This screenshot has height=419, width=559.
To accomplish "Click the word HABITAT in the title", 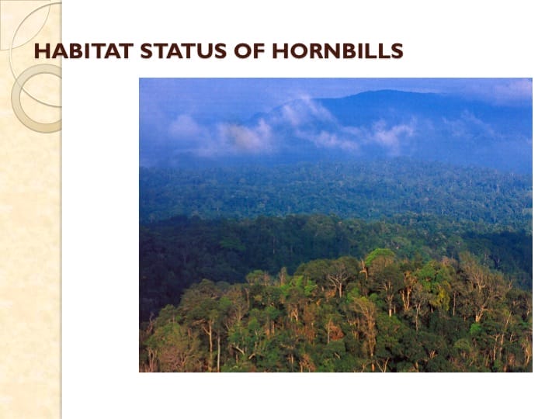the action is click(84, 51).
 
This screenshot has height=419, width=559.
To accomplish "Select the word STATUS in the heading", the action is click(183, 51).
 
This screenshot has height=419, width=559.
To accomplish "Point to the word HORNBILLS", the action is click(338, 51).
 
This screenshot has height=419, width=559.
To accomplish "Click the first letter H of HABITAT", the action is click(42, 51).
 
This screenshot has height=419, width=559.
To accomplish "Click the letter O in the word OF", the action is click(242, 51).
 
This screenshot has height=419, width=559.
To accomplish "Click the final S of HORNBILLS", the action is click(398, 51).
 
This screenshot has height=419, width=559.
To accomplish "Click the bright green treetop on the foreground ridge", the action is click(380, 255).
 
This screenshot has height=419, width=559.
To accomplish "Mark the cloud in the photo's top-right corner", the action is click(513, 89).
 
